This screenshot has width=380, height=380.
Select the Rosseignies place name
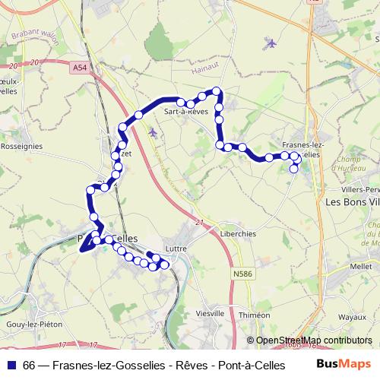point(21,144)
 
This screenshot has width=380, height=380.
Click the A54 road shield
point(81,68)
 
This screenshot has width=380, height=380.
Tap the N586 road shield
point(243,274)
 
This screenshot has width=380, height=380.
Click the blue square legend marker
point(11,365)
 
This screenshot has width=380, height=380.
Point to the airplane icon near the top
point(271,43)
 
